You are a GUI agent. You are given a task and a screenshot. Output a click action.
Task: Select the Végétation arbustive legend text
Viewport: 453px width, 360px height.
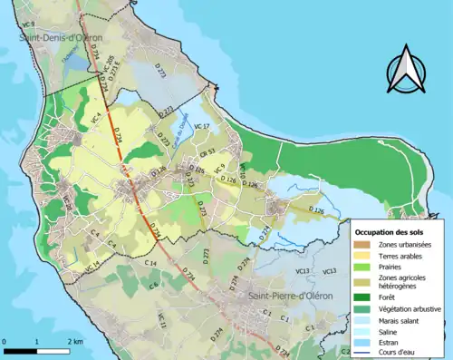coord(410,309)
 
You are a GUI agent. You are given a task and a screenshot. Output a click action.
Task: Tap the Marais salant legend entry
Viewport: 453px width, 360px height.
coord(401,322)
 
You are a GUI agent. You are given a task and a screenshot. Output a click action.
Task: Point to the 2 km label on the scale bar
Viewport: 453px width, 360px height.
coord(74,342)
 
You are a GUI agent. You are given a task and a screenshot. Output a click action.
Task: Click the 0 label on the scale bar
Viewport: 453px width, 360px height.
coord(5,342)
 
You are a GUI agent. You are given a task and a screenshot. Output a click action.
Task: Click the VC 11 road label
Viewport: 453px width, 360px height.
coord(162,319)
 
